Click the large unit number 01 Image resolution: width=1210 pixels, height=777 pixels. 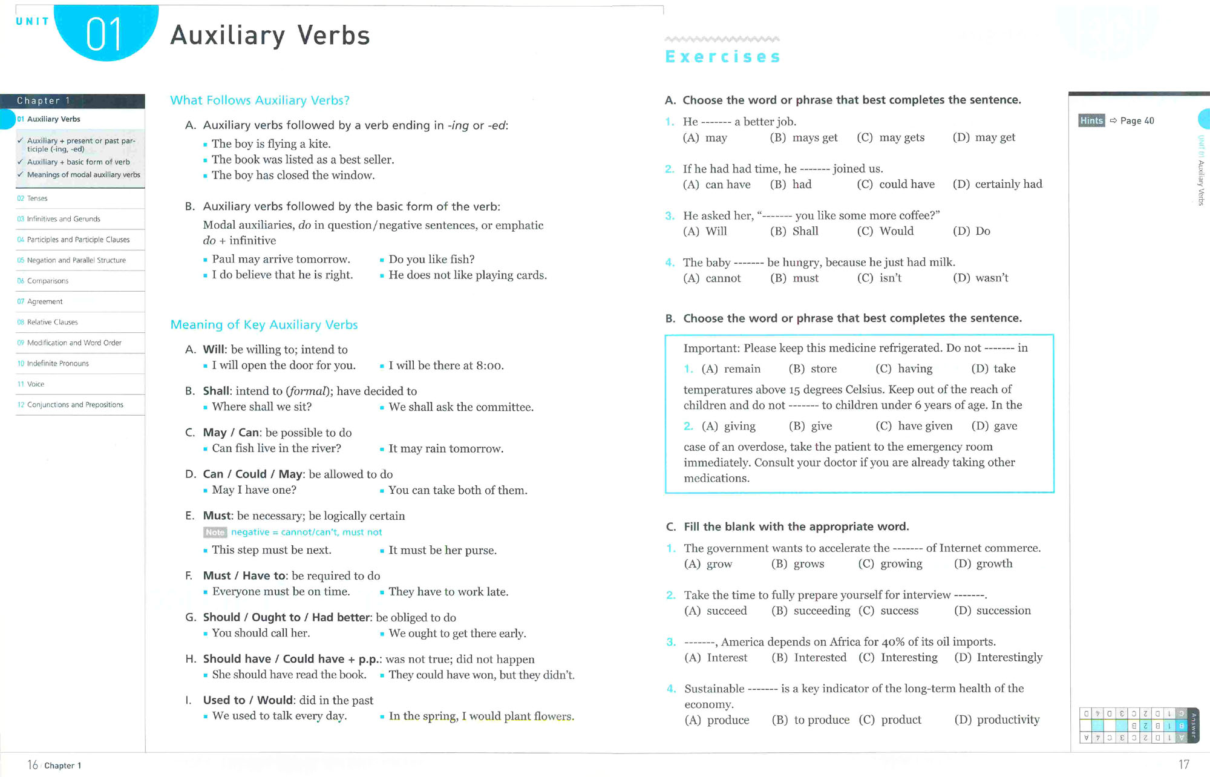pyautogui.click(x=104, y=34)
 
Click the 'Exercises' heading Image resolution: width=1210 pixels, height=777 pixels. pyautogui.click(x=722, y=57)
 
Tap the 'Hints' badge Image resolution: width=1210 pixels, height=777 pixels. pyautogui.click(x=1091, y=120)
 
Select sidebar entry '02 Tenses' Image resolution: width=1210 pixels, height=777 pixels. pyautogui.click(x=37, y=198)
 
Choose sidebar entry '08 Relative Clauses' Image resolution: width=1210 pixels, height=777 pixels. pyautogui.click(x=52, y=322)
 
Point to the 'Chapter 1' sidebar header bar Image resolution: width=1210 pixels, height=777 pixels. pyautogui.click(x=73, y=100)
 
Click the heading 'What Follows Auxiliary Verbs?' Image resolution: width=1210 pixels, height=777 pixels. pyautogui.click(x=260, y=100)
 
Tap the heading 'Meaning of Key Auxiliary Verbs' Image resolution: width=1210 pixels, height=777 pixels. pyautogui.click(x=264, y=325)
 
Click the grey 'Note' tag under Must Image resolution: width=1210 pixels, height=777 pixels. pyautogui.click(x=215, y=533)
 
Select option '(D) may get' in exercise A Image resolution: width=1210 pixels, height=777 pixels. pyautogui.click(x=984, y=138)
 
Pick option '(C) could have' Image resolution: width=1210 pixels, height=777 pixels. pyautogui.click(x=895, y=185)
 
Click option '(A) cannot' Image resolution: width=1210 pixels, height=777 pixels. pyautogui.click(x=711, y=278)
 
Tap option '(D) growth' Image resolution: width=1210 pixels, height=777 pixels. pyautogui.click(x=983, y=564)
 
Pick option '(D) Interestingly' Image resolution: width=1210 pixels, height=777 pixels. pyautogui.click(x=998, y=658)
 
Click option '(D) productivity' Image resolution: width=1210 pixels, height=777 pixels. pyautogui.click(x=996, y=720)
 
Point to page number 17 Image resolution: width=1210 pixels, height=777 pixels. pyautogui.click(x=1183, y=765)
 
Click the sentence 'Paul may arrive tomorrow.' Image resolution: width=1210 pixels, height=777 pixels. pyautogui.click(x=281, y=260)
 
